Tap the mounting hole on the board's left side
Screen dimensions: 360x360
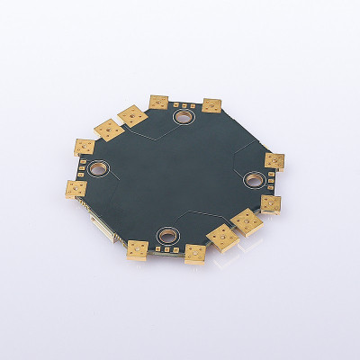(x=98, y=168)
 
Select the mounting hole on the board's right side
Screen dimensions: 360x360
(x=251, y=179)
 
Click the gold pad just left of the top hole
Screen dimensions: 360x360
(x=158, y=103)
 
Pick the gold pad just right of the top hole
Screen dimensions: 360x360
(x=211, y=105)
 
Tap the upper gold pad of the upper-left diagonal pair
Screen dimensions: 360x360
(x=132, y=115)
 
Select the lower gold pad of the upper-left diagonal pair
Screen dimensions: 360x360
(x=109, y=130)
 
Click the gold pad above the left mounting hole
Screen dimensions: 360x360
(x=85, y=147)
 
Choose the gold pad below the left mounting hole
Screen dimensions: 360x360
(x=76, y=188)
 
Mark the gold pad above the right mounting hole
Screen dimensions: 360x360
(x=274, y=161)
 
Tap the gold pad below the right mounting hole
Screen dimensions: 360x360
(x=270, y=203)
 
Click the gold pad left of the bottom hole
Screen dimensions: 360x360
(x=138, y=250)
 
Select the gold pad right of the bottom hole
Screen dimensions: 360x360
(x=195, y=254)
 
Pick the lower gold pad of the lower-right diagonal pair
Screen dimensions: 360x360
(x=220, y=237)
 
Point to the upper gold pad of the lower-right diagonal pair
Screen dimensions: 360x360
(x=245, y=220)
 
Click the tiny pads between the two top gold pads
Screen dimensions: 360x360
(x=185, y=105)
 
